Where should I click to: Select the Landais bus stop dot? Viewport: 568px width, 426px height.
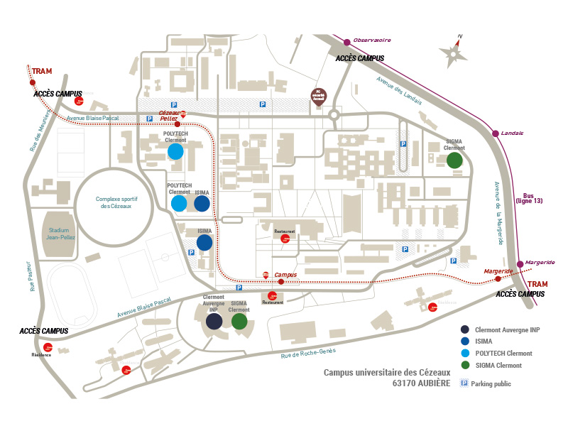click(494, 133)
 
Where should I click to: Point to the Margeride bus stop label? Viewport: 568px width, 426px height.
click(540, 263)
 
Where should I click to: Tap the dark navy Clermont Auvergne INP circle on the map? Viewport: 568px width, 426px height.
click(214, 322)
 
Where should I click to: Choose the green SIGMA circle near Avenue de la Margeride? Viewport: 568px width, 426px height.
click(454, 160)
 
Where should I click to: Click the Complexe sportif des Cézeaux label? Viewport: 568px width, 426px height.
click(115, 202)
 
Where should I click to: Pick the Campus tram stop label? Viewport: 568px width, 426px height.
click(285, 275)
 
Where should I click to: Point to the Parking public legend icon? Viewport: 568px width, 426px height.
click(464, 383)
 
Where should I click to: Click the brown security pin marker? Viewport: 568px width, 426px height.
click(319, 97)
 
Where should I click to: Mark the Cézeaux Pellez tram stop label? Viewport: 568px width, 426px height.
click(169, 116)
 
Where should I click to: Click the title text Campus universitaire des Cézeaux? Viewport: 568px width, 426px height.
click(387, 372)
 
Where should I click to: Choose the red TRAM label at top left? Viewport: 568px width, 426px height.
click(42, 71)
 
